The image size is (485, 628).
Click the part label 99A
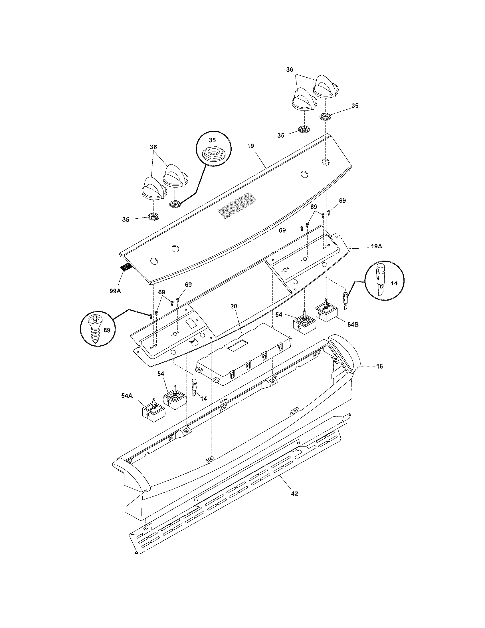pos(115,291)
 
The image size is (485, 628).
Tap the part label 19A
pos(376,246)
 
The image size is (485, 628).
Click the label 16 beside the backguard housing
pos(379,366)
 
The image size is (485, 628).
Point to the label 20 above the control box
pos(234,306)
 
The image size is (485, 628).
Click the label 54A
pos(127,395)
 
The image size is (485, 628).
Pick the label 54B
pos(353,325)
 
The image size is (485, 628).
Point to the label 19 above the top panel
pos(250,146)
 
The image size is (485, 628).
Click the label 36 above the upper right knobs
pos(290,70)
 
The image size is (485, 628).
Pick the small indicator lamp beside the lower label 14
pos(194,387)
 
